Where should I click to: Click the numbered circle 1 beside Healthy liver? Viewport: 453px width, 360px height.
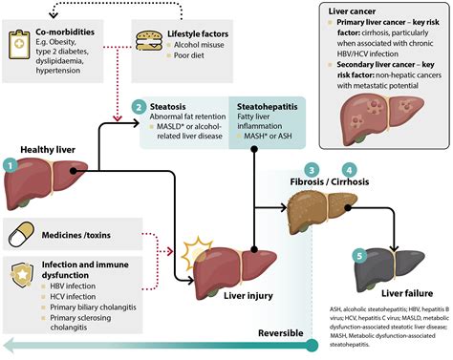pos(11,163)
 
